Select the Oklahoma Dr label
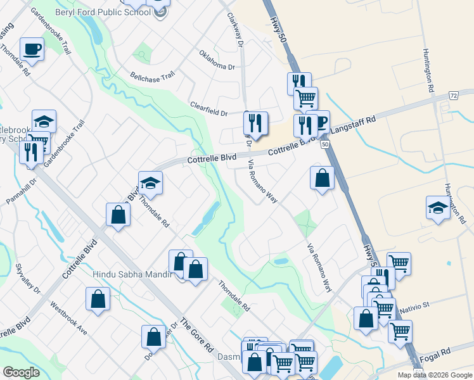(x=217, y=61)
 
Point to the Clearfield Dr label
(x=208, y=108)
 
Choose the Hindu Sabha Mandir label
(x=132, y=274)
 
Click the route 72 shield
(x=454, y=95)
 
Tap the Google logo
(x=21, y=372)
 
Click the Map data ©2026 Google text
(x=434, y=375)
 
